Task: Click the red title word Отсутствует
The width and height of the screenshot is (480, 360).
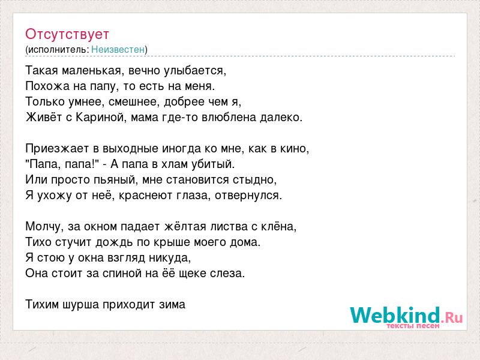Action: [x=67, y=34]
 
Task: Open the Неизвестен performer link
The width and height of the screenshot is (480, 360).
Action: [x=118, y=49]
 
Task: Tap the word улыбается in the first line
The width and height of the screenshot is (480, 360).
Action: [x=194, y=71]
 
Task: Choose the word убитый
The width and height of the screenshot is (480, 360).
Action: [x=213, y=164]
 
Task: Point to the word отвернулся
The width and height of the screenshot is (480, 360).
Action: [x=248, y=196]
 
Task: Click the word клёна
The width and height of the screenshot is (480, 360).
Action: [x=278, y=227]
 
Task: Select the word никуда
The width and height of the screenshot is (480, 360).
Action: [x=170, y=258]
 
